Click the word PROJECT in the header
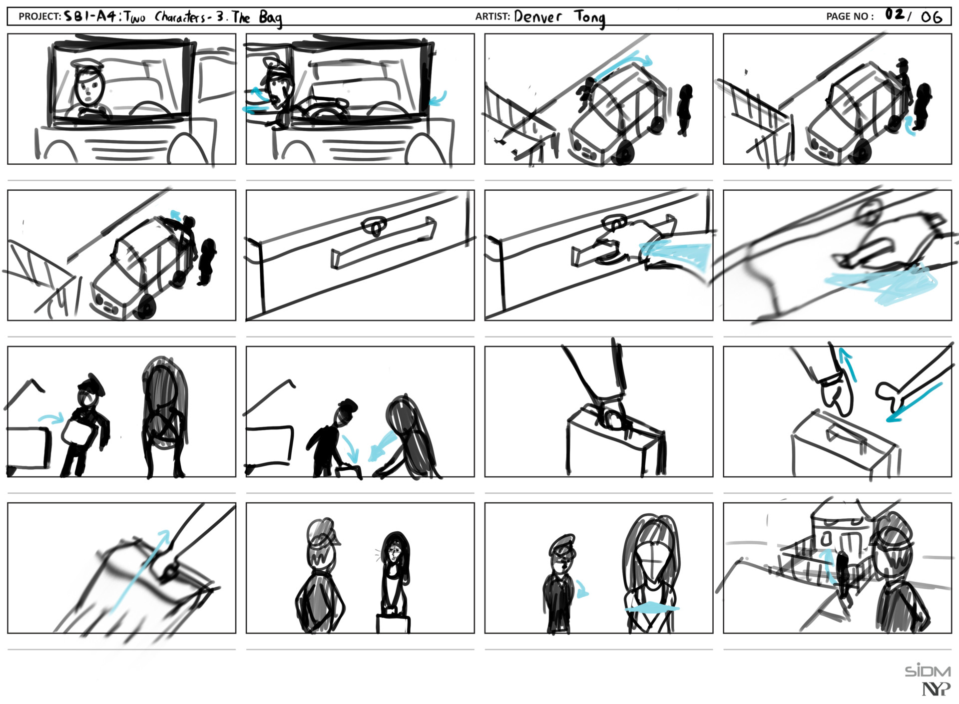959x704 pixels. point(39,16)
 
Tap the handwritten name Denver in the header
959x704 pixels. point(538,16)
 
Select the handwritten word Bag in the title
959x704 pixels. point(270,18)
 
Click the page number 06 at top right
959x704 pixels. point(932,17)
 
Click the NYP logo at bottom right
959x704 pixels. point(936,690)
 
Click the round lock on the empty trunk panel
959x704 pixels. point(375,226)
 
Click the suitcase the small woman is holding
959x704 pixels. point(393,621)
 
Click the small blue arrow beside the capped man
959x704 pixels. point(582,589)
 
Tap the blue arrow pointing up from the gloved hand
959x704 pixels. point(848,364)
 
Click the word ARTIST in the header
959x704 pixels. point(492,16)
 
